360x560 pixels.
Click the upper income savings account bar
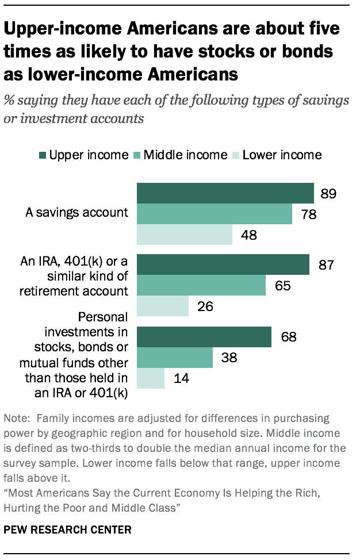(225, 193)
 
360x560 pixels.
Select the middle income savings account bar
(214, 214)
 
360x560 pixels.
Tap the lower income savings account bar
(184, 235)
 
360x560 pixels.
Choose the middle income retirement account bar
(201, 285)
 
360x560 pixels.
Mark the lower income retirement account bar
(163, 305)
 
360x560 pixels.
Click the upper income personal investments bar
(204, 337)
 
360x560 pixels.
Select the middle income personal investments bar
(175, 358)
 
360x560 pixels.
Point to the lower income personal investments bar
(151, 378)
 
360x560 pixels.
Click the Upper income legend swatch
(42, 155)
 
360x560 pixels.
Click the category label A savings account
(77, 213)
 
